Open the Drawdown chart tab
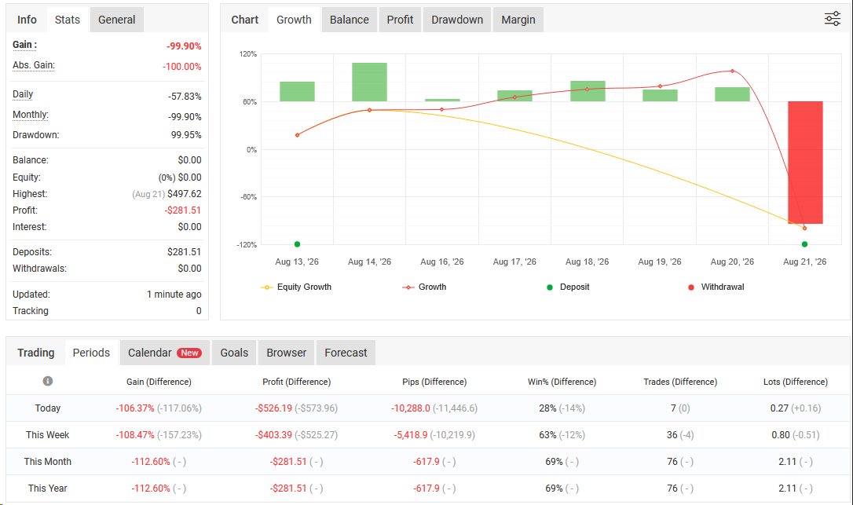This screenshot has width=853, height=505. pos(457,20)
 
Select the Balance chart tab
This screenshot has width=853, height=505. pos(350,20)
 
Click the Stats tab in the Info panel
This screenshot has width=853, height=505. pos(68,20)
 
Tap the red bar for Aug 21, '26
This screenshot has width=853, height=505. pos(805,162)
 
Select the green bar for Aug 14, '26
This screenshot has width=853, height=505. pos(369,82)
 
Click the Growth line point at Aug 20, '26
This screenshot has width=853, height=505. pos(732,71)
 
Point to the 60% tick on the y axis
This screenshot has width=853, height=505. pos(249,102)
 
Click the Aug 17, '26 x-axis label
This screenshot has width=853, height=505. pos(514,262)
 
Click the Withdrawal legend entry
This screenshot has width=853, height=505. pos(716,287)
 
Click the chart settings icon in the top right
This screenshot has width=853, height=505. pos(833,19)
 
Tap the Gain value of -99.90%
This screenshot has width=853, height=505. pos(184,46)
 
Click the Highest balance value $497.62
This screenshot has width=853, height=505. pos(185,194)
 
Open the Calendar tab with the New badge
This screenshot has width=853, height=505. pos(164,353)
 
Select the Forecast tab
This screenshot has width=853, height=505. pos(346,353)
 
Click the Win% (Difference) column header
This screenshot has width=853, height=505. pos(562,382)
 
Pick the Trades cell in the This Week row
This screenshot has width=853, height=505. pos(680,435)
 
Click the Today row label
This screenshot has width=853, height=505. pos(48,408)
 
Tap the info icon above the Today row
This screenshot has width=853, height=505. pos(48,381)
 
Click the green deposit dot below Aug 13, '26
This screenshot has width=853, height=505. pos(297,244)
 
